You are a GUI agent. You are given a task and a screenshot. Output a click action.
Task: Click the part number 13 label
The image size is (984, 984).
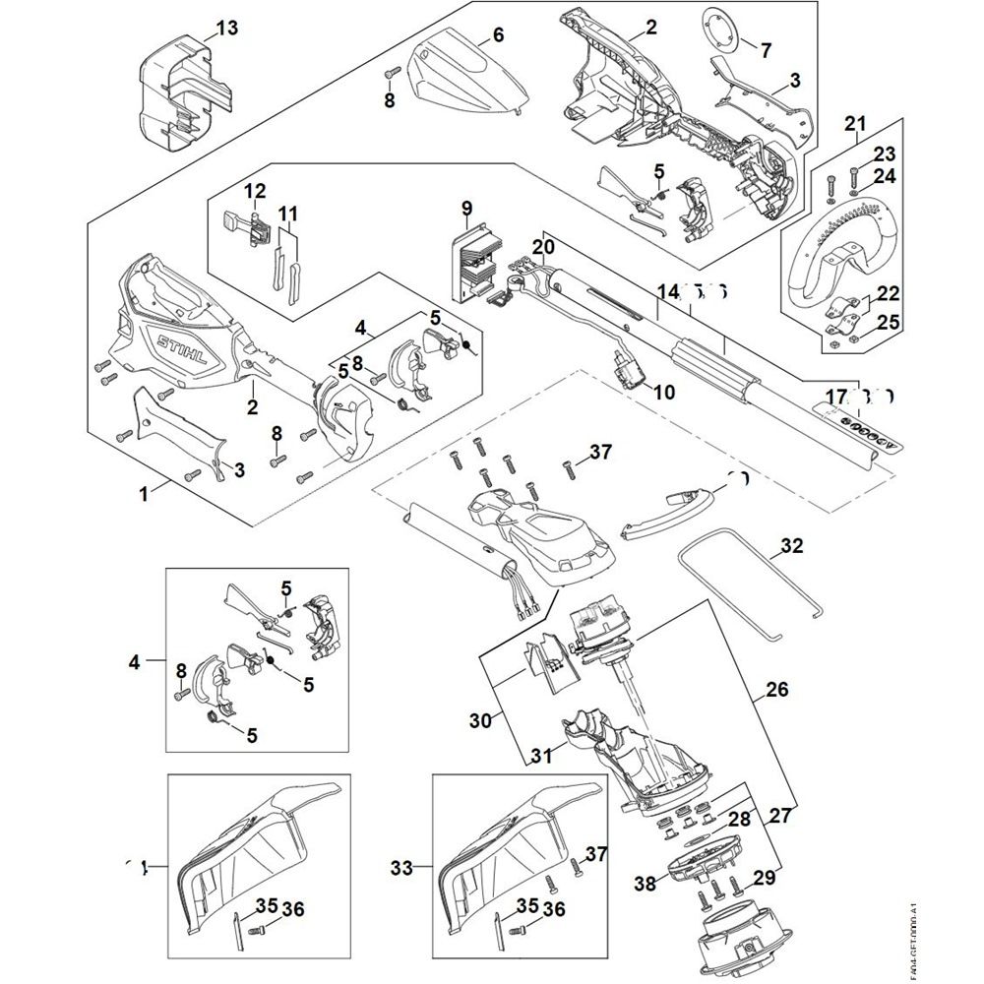(226, 29)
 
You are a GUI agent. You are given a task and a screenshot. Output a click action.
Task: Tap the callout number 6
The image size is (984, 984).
(498, 35)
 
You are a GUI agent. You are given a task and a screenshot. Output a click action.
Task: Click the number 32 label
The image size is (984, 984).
(792, 546)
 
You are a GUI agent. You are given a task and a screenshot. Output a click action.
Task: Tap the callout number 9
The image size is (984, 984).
(466, 208)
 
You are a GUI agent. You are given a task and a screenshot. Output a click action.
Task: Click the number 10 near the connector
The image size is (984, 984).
(664, 392)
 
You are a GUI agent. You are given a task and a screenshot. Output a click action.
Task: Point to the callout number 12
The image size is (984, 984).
(255, 190)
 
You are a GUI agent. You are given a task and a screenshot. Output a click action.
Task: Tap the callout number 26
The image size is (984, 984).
(776, 691)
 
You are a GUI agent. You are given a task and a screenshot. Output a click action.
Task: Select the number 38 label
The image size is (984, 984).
(645, 885)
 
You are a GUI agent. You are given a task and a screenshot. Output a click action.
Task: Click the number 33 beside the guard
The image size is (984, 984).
(401, 868)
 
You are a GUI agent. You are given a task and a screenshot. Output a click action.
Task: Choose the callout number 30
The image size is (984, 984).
(479, 721)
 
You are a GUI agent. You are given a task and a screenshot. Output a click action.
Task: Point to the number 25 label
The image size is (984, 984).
(888, 322)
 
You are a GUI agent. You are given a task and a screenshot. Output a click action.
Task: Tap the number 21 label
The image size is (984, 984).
(855, 123)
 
